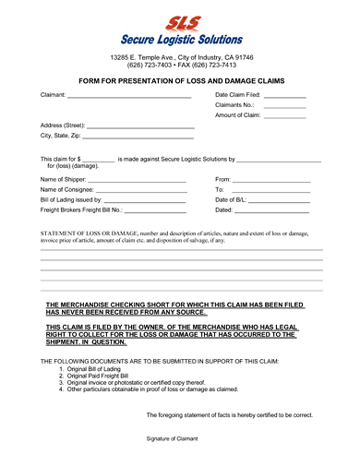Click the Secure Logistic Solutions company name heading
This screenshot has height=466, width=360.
(x=181, y=40)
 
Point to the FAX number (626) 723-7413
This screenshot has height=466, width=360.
(x=213, y=66)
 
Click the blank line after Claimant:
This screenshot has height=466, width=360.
(x=129, y=96)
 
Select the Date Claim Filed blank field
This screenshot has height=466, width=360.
(x=284, y=96)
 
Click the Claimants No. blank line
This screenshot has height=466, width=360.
(x=284, y=106)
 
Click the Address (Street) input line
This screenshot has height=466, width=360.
(x=140, y=126)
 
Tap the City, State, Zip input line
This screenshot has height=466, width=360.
(x=140, y=137)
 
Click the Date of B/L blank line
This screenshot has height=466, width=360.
(x=279, y=200)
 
